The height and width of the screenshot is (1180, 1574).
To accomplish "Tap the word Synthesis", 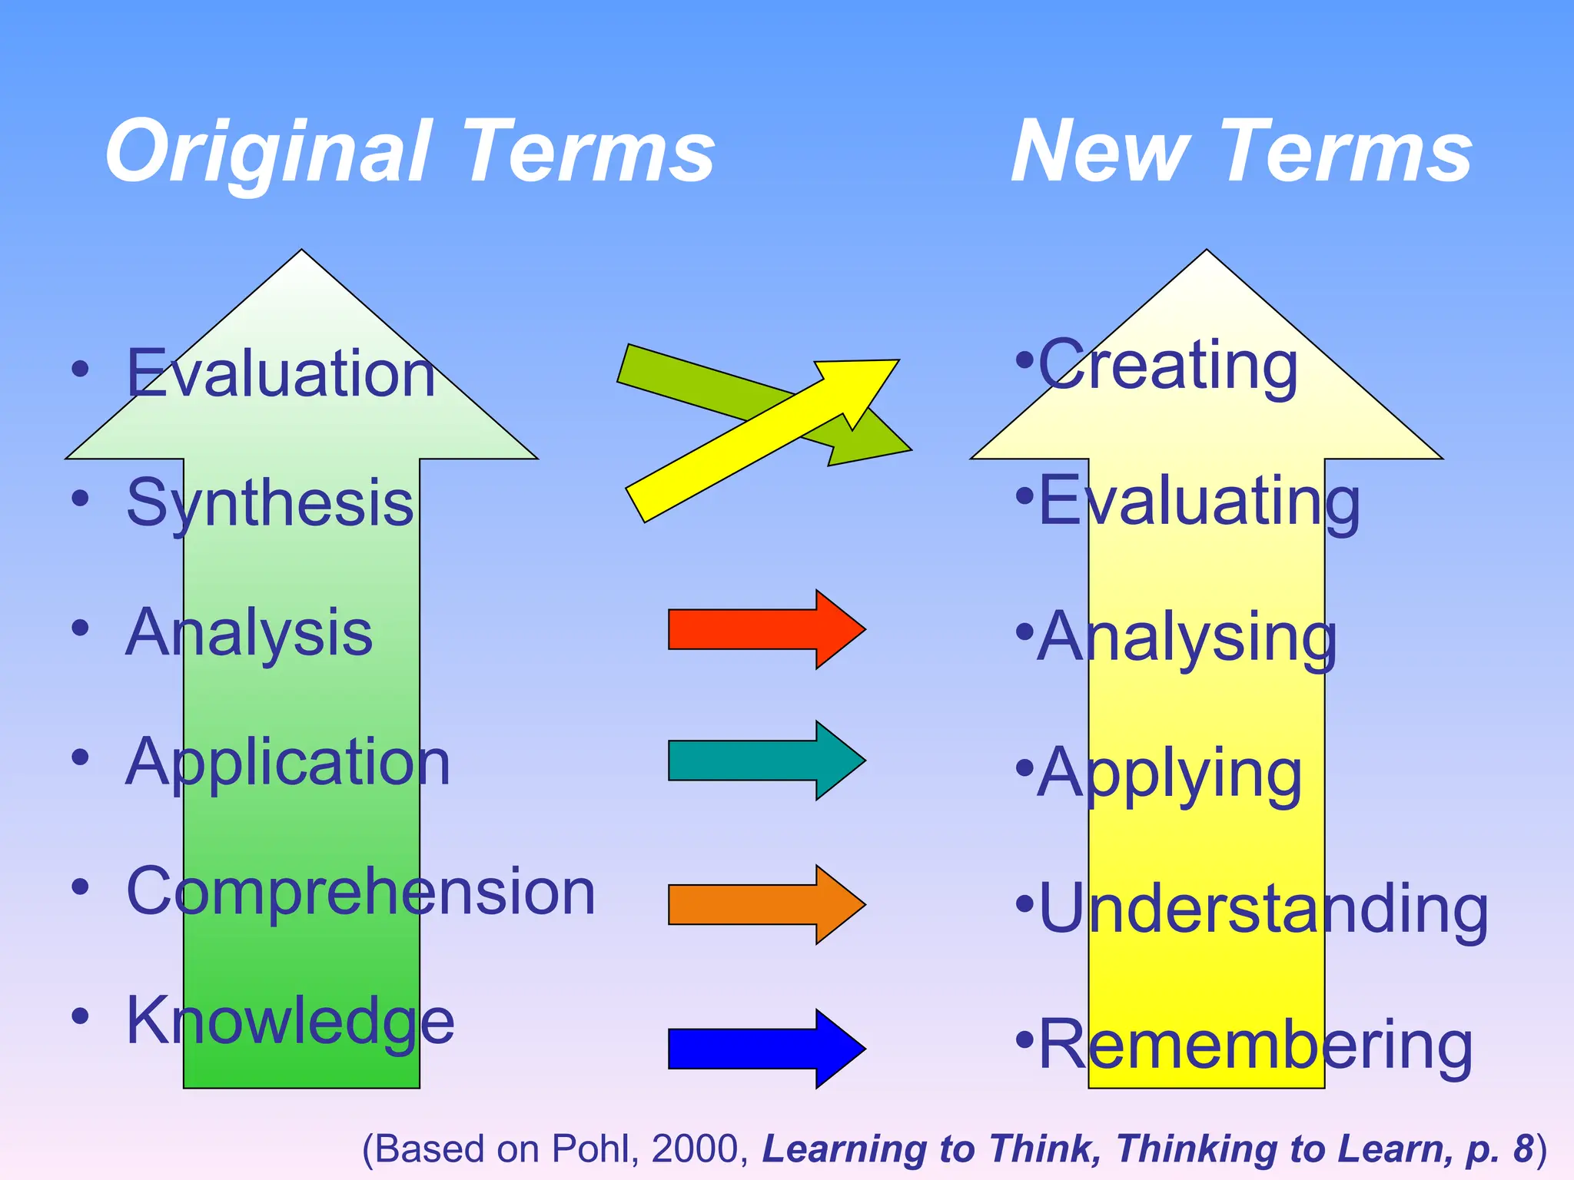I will [x=271, y=503].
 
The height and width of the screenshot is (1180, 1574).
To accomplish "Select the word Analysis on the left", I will [x=249, y=632].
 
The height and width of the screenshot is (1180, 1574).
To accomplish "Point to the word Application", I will [x=288, y=762].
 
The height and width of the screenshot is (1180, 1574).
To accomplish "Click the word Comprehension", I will [x=361, y=891].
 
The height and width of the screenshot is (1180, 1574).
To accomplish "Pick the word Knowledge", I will [x=291, y=1021].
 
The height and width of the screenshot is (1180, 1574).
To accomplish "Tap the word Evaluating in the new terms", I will [x=1199, y=502].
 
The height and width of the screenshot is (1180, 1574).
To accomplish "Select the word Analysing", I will [x=1187, y=638].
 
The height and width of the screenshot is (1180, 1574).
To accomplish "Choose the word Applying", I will [x=1170, y=774].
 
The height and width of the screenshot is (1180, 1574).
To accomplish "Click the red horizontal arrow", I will [x=765, y=629].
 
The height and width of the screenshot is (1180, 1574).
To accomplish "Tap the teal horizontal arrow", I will [x=765, y=761].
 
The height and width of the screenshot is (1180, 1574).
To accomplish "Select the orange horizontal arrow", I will [x=765, y=904].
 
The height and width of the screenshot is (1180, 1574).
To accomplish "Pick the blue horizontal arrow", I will [x=765, y=1049].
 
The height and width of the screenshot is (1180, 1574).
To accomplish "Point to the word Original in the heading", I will [x=266, y=152].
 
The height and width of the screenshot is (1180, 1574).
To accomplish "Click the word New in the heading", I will [x=1099, y=152].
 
